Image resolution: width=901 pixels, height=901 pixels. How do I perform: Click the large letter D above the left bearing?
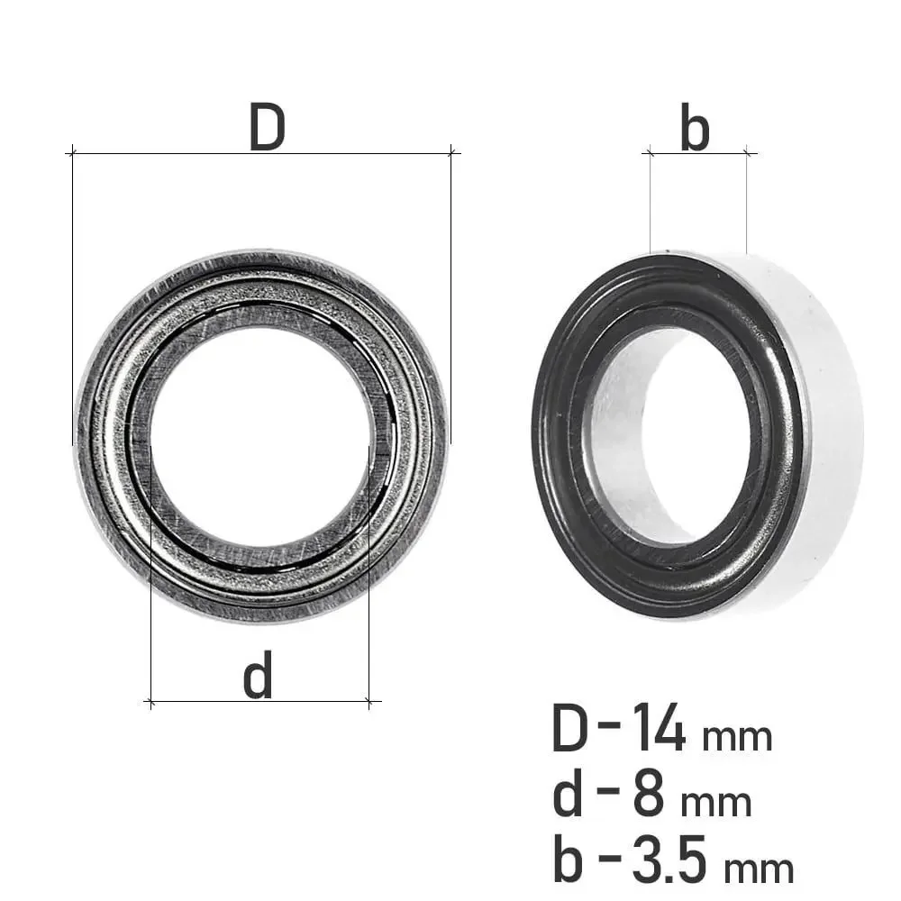click(x=268, y=127)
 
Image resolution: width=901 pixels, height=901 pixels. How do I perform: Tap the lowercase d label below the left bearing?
click(x=258, y=675)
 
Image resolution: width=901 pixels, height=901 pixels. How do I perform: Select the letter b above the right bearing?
click(x=695, y=127)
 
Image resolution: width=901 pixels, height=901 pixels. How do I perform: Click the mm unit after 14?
click(x=737, y=737)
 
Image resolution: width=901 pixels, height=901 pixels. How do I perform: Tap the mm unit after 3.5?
click(x=759, y=869)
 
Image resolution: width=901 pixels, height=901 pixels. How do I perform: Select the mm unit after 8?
click(x=716, y=803)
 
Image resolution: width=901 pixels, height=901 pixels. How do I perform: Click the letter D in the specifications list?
click(x=570, y=728)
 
